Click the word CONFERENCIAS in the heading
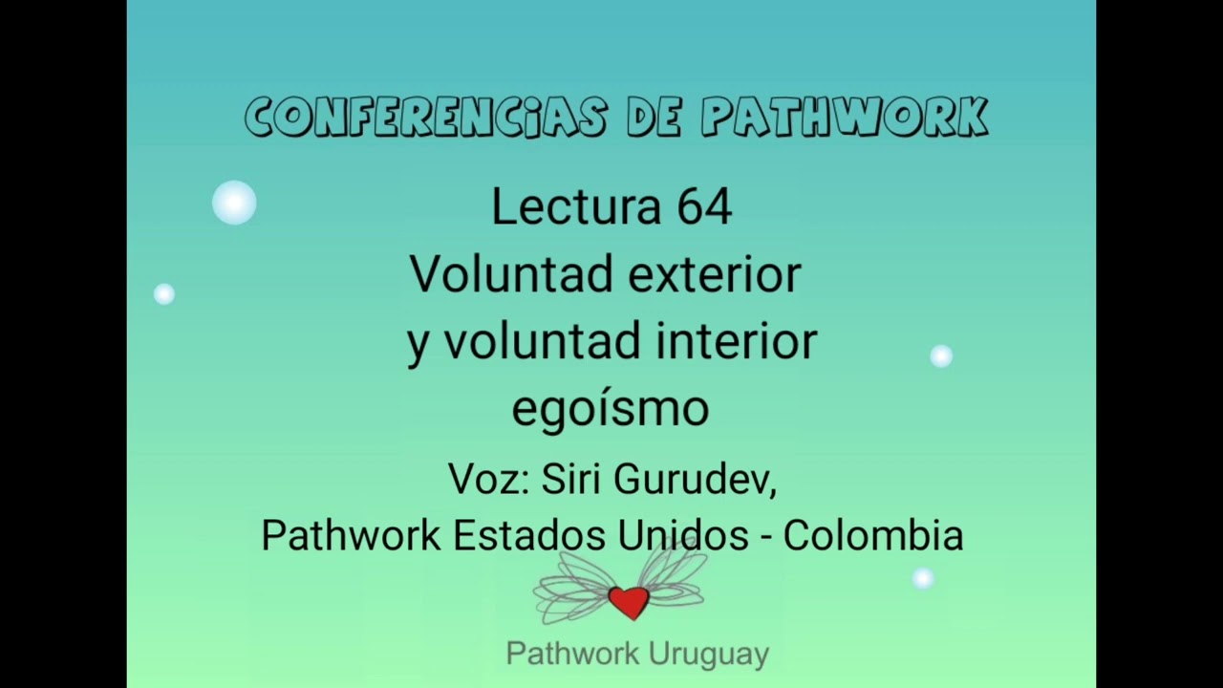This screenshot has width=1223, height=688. (x=426, y=118)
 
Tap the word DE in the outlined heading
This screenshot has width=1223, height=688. (x=654, y=118)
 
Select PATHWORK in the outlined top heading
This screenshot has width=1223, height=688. (x=845, y=118)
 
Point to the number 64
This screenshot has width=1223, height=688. (x=704, y=206)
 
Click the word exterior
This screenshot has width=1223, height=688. (x=716, y=274)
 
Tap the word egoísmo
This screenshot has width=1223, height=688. (x=611, y=409)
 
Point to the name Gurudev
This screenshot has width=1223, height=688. (x=695, y=480)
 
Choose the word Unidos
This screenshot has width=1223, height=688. (x=683, y=535)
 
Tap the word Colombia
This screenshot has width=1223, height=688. (x=873, y=535)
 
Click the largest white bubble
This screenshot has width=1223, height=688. (x=234, y=203)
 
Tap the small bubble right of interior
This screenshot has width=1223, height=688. (x=941, y=356)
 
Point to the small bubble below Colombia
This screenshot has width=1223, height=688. (x=922, y=578)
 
